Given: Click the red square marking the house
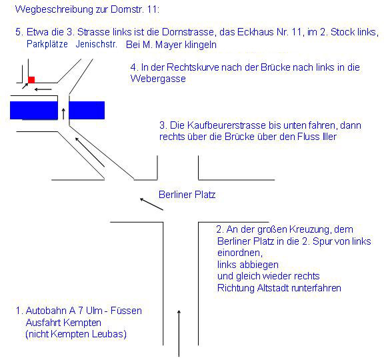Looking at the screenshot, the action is [x=31, y=80].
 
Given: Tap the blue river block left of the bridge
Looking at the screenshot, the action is [x=34, y=110].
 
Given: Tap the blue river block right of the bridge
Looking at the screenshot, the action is [x=87, y=110].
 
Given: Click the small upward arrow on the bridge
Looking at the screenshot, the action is [x=63, y=113].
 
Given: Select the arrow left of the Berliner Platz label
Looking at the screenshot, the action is [x=151, y=204].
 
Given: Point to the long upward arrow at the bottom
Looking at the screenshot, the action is [x=179, y=333].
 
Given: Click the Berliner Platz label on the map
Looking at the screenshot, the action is [x=187, y=195].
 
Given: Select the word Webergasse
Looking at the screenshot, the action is [x=158, y=79].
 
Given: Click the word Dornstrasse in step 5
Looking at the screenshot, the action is [x=188, y=32].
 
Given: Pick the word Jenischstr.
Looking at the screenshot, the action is [x=97, y=44].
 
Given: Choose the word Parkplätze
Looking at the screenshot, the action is [x=47, y=44].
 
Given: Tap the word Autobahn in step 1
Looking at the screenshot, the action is [x=47, y=311].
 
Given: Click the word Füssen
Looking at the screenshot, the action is [x=126, y=311].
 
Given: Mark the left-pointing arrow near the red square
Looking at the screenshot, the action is [x=43, y=89].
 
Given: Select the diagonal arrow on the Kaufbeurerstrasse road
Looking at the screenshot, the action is [x=90, y=152].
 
